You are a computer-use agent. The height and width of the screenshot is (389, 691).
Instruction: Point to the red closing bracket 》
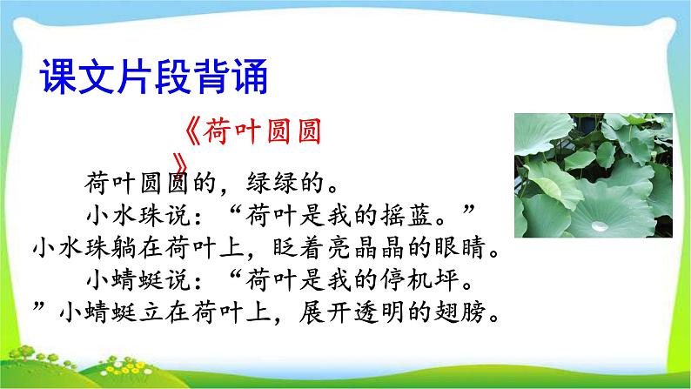tap(181, 164)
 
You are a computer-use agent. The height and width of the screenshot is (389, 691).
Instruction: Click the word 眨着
tap(286, 247)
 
